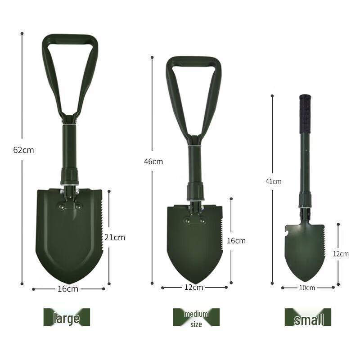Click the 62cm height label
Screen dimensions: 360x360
coord(23,150)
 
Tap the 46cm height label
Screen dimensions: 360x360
coord(153,162)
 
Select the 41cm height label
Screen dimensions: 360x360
coord(273,181)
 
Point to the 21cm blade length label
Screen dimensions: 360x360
coord(115,237)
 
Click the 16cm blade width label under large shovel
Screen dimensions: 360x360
coord(68,289)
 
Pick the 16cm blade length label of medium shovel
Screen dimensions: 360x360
coord(236,241)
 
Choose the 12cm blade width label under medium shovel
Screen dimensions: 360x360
coord(194,287)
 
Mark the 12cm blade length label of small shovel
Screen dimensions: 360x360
coord(341,254)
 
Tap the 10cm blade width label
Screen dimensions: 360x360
coord(308,288)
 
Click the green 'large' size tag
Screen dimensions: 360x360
coord(67,317)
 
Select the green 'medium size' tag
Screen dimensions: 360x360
coord(196,317)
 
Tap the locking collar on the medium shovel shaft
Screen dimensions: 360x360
coord(196,191)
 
